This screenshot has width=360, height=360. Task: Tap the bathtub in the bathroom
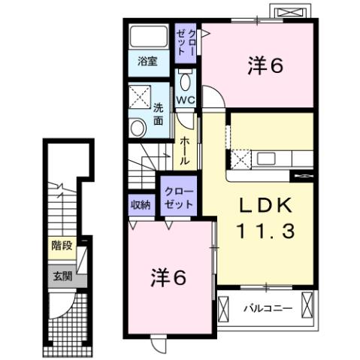(149, 38)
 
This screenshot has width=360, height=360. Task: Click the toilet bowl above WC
(186, 79)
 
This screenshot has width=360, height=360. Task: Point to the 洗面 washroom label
(159, 113)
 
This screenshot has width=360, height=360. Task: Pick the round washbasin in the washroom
(138, 127)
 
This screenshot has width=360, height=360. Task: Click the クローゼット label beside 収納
(178, 198)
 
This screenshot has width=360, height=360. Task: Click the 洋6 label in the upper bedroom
(265, 66)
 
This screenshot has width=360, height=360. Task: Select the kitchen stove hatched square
(241, 159)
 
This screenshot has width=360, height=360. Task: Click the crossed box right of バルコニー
(307, 306)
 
